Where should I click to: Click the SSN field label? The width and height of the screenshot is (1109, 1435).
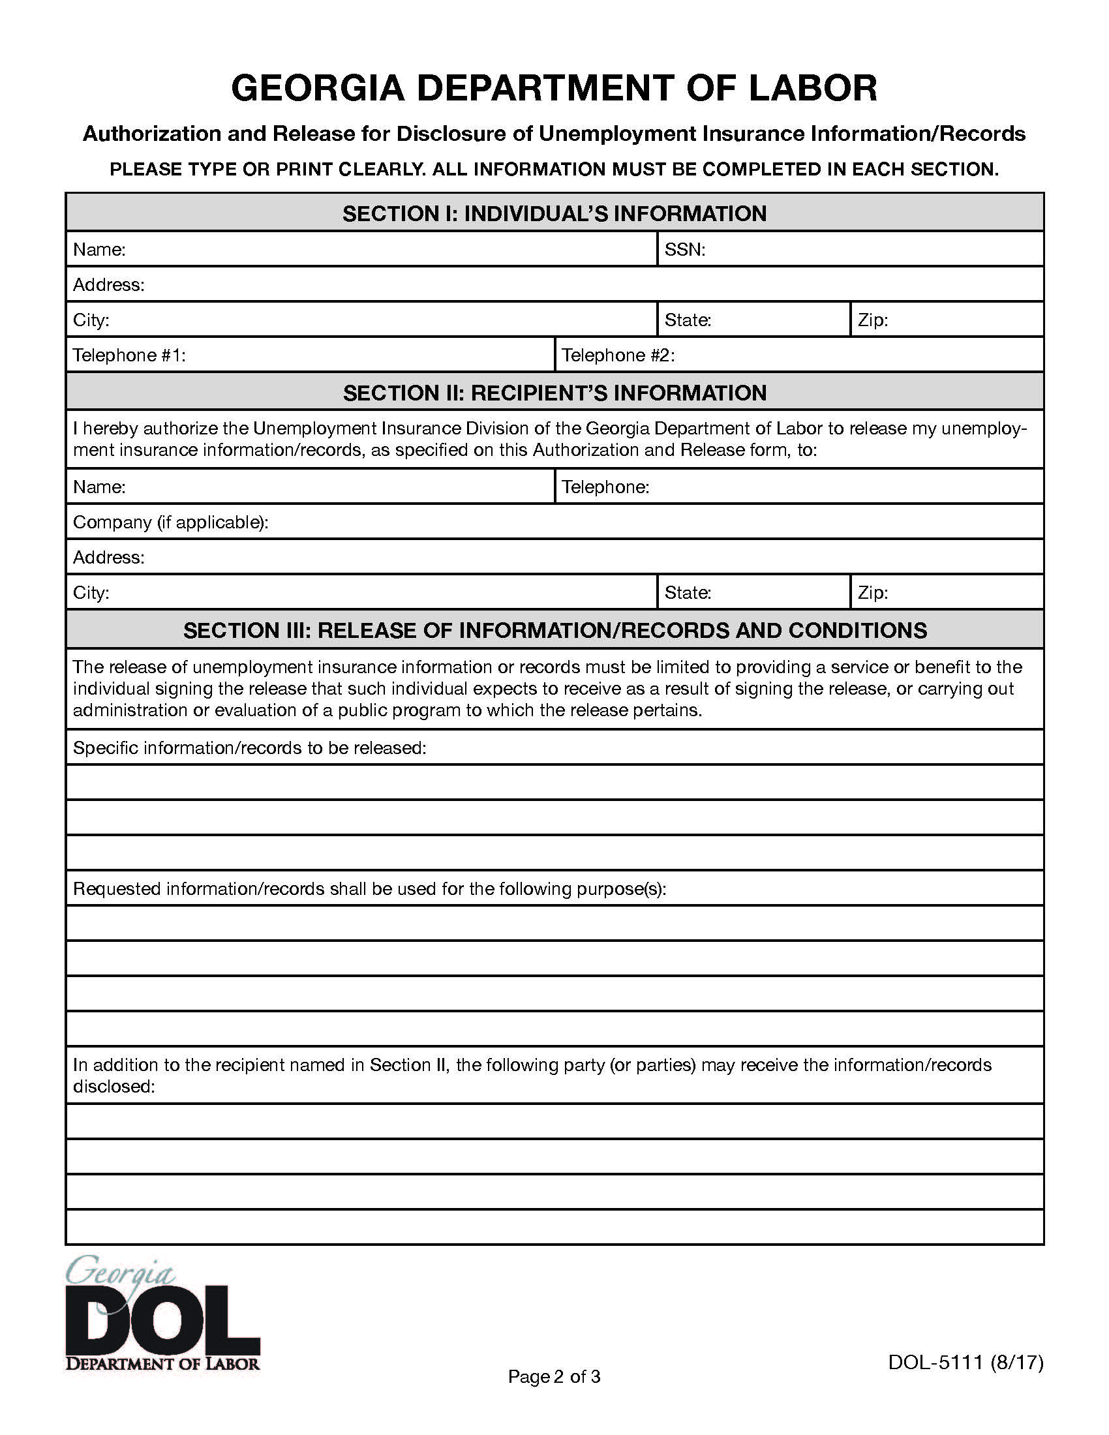pos(684,250)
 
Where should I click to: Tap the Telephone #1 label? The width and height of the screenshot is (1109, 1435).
pos(129,355)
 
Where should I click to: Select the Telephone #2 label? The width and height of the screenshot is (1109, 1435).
pos(618,355)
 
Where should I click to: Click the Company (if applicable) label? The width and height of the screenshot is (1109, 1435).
pos(170,522)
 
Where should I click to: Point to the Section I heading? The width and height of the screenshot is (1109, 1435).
pos(554,213)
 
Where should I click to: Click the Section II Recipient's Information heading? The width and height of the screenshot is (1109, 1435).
pos(554,393)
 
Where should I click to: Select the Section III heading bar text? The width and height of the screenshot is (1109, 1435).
pos(554,631)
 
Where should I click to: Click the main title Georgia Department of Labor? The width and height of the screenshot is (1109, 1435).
pos(554,88)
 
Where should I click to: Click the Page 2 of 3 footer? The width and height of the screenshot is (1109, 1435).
pos(554,1376)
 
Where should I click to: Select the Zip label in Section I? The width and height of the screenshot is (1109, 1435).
pos(872,321)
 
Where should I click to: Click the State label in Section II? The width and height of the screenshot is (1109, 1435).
pos(687,593)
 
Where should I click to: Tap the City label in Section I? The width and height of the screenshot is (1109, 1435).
pos(91,321)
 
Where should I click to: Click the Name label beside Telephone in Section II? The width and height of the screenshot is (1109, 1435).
pos(99,487)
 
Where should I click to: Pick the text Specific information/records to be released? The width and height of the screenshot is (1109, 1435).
pos(250,748)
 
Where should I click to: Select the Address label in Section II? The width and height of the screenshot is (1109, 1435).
pos(108,558)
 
